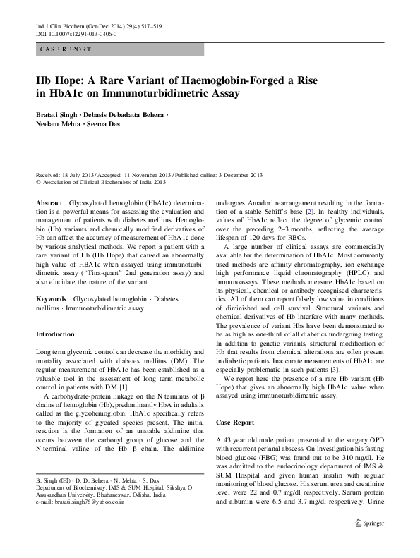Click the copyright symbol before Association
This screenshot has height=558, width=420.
[38, 182]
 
